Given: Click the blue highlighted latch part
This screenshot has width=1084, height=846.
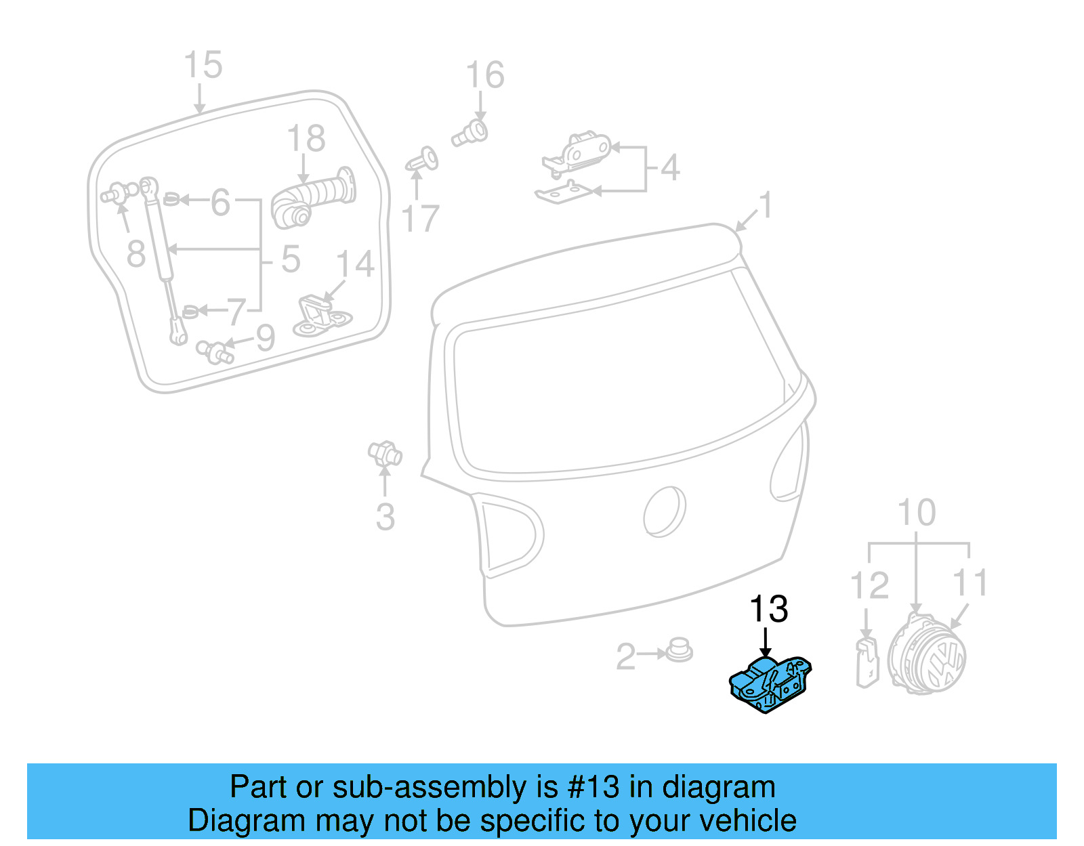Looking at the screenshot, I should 770,685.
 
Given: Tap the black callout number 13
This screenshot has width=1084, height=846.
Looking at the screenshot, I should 768,609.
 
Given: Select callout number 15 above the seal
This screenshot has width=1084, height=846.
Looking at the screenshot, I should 203,65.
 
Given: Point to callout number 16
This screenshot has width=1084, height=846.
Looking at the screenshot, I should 485,75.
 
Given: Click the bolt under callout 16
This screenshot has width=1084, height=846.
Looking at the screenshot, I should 470,133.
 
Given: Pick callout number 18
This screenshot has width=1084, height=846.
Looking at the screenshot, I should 306,139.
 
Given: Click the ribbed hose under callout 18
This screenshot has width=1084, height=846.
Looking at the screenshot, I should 313,198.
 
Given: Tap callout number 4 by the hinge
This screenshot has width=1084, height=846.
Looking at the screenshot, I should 669,167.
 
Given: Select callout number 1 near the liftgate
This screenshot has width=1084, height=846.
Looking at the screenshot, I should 766,205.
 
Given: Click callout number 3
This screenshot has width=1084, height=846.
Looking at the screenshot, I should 385,517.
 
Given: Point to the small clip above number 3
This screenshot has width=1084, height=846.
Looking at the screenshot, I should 385,452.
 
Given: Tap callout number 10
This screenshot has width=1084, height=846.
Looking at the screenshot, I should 916,513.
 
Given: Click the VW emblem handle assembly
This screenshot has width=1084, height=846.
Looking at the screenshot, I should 927,656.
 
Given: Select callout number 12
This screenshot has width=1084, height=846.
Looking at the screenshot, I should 869,585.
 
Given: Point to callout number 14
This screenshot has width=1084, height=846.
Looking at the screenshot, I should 355,264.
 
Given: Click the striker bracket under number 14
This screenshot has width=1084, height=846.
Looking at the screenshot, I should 321,316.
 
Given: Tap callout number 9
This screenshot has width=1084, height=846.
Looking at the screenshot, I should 264,337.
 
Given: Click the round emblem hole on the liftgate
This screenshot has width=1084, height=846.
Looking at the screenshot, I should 664,511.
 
